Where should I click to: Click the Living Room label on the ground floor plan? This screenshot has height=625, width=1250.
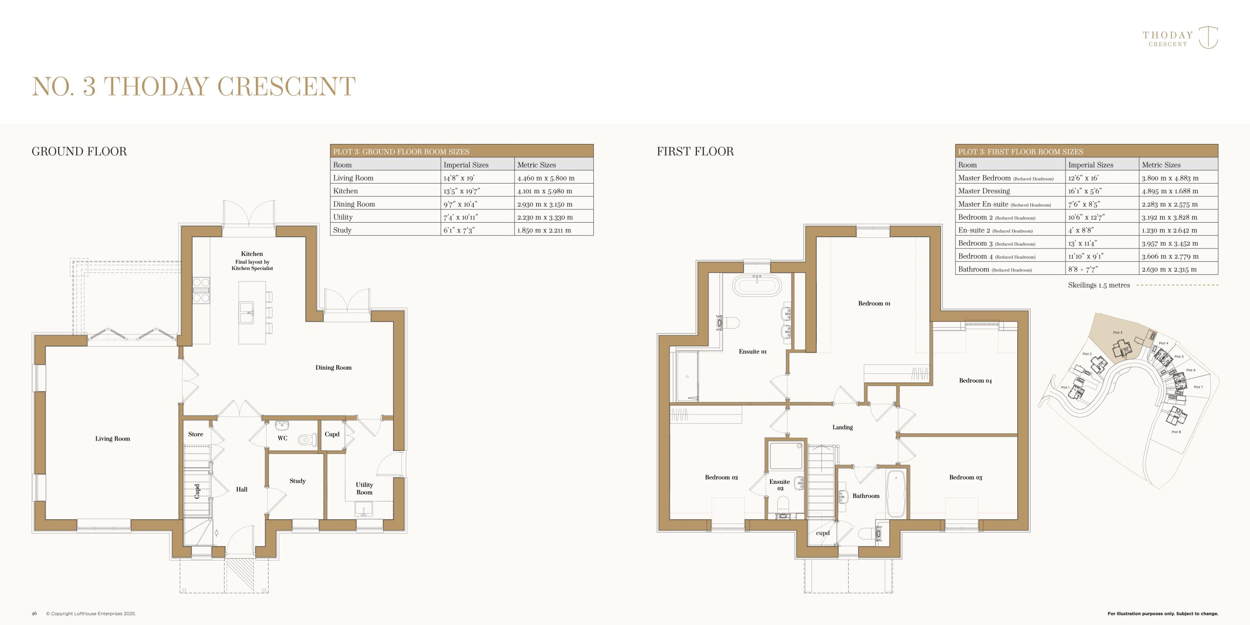(113, 438)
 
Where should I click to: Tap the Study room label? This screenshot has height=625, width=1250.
(297, 481)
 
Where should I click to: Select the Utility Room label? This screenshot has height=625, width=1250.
(364, 488)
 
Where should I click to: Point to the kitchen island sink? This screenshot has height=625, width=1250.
(247, 312)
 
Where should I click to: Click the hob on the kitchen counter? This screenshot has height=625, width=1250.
(201, 290)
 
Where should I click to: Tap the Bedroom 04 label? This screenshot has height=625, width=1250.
(975, 381)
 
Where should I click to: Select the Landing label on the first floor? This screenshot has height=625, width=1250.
(842, 427)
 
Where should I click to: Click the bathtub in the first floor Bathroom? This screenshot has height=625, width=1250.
(896, 494)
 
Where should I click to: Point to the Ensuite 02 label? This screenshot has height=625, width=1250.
(780, 485)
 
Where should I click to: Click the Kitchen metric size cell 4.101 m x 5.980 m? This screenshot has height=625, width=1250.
(544, 191)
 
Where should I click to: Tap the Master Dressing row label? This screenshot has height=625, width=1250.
(984, 191)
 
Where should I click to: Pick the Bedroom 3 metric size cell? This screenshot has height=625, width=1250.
(1169, 243)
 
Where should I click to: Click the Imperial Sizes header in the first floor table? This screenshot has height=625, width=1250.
(1090, 165)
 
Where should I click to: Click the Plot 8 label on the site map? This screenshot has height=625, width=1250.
(1176, 432)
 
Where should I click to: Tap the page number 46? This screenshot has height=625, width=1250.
(34, 613)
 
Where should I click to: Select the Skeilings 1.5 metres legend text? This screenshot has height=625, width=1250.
(1099, 285)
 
